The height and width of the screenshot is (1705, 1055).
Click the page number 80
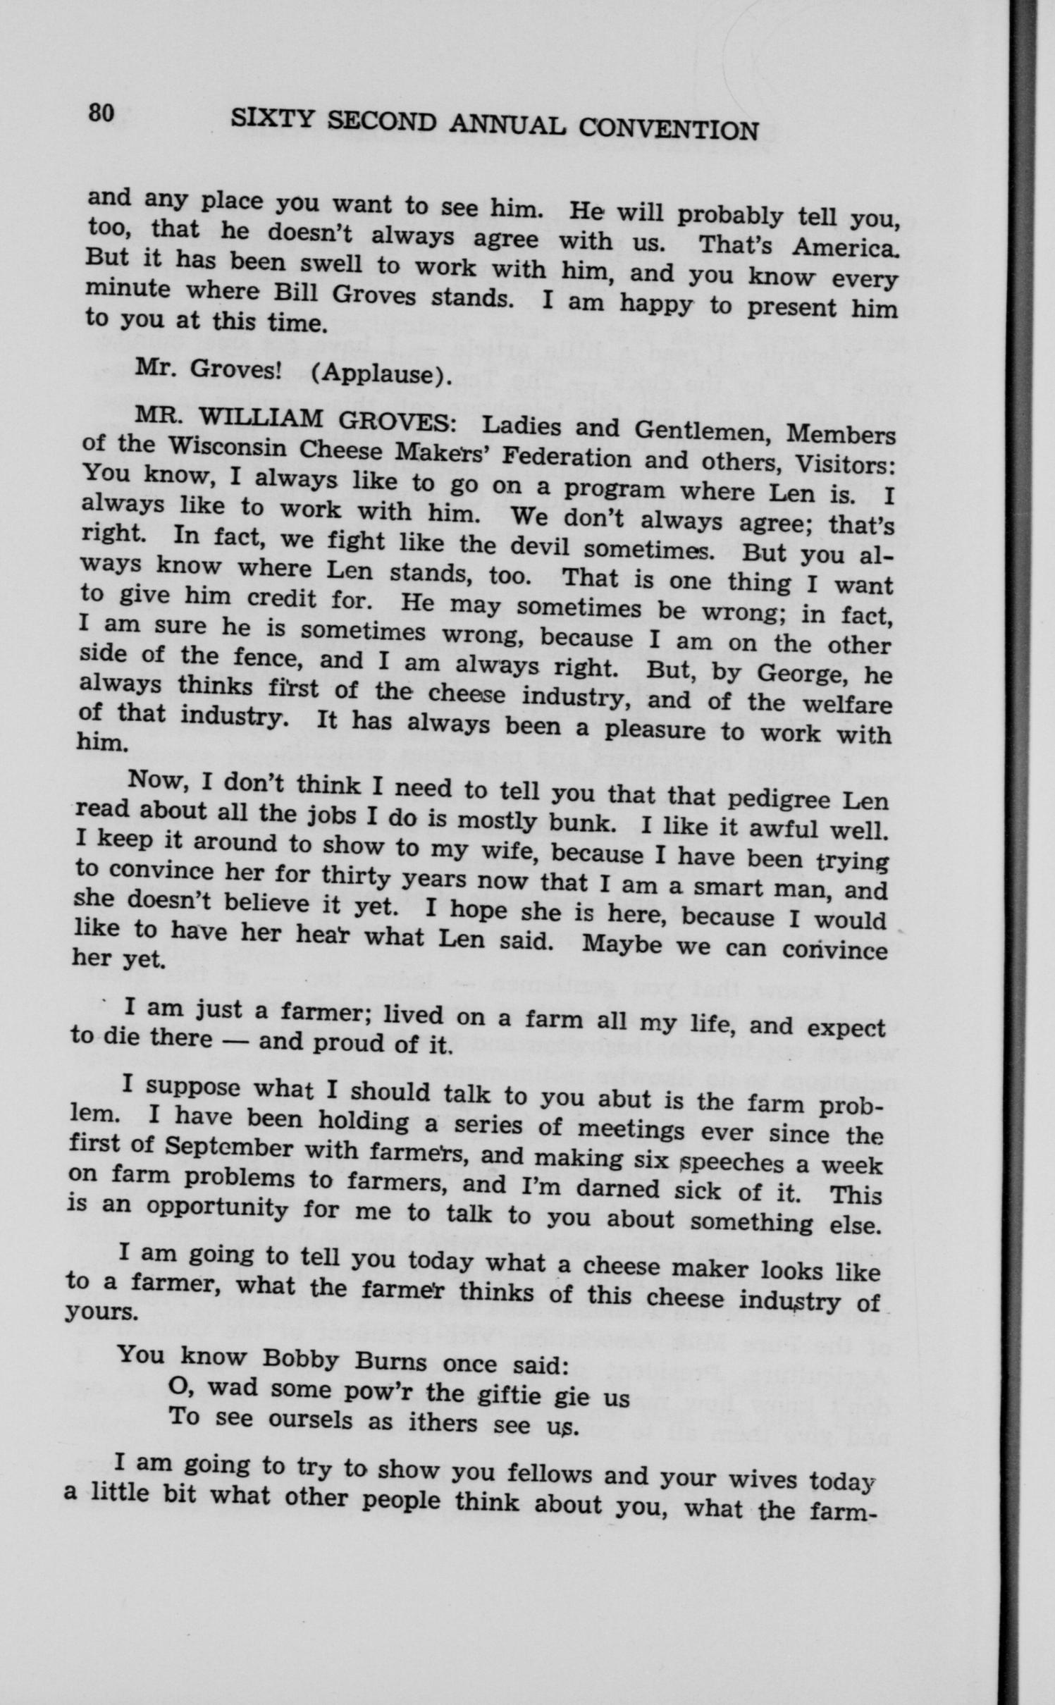click(x=101, y=112)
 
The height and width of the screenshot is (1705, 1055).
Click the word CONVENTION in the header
click(x=667, y=129)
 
